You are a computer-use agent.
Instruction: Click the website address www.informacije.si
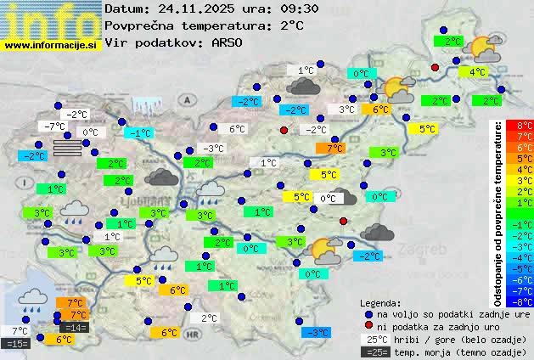point(51,44)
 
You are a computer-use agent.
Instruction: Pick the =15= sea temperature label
point(17,343)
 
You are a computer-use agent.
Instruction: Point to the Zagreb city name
point(420,251)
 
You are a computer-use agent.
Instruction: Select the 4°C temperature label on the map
point(477,72)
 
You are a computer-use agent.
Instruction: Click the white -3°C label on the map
point(214,149)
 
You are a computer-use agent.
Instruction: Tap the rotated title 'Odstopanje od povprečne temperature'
point(499,212)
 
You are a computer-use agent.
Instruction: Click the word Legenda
point(380,301)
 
